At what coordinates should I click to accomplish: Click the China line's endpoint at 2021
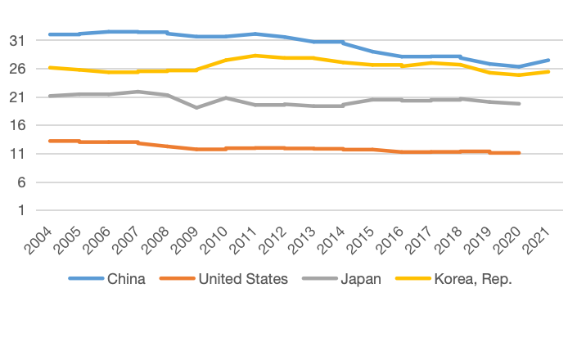(x=548, y=61)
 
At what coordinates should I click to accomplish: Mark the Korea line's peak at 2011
(x=255, y=56)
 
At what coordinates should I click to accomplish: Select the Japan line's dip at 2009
(x=196, y=107)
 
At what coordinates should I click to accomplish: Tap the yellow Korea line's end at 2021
(x=548, y=72)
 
